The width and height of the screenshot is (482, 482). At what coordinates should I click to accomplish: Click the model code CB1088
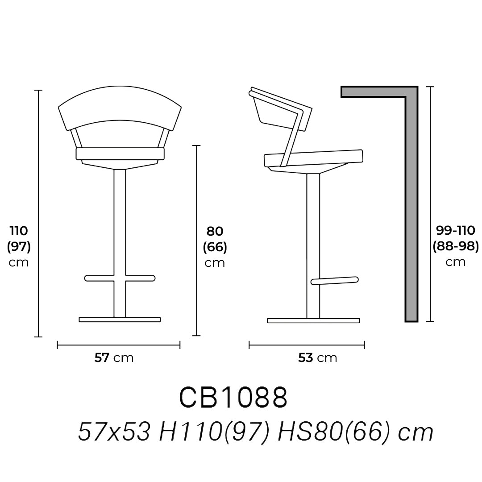pos(233,397)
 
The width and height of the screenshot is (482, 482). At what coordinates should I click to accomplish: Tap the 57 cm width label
pos(114,358)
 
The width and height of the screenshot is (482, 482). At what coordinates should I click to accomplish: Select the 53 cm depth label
pos(318,358)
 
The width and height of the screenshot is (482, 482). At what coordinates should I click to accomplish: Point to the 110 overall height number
pos(19,231)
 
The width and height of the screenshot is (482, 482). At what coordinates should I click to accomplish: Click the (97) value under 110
pos(19,246)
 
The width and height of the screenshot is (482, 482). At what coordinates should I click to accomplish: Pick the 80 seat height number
pos(215,231)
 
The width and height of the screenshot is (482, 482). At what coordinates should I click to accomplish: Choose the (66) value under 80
pos(215,247)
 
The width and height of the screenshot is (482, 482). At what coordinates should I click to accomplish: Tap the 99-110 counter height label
pos(456,230)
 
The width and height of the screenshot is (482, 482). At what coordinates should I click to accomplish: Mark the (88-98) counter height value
pos(456,246)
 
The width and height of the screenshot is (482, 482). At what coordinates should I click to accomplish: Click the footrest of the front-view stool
pos(120,278)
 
